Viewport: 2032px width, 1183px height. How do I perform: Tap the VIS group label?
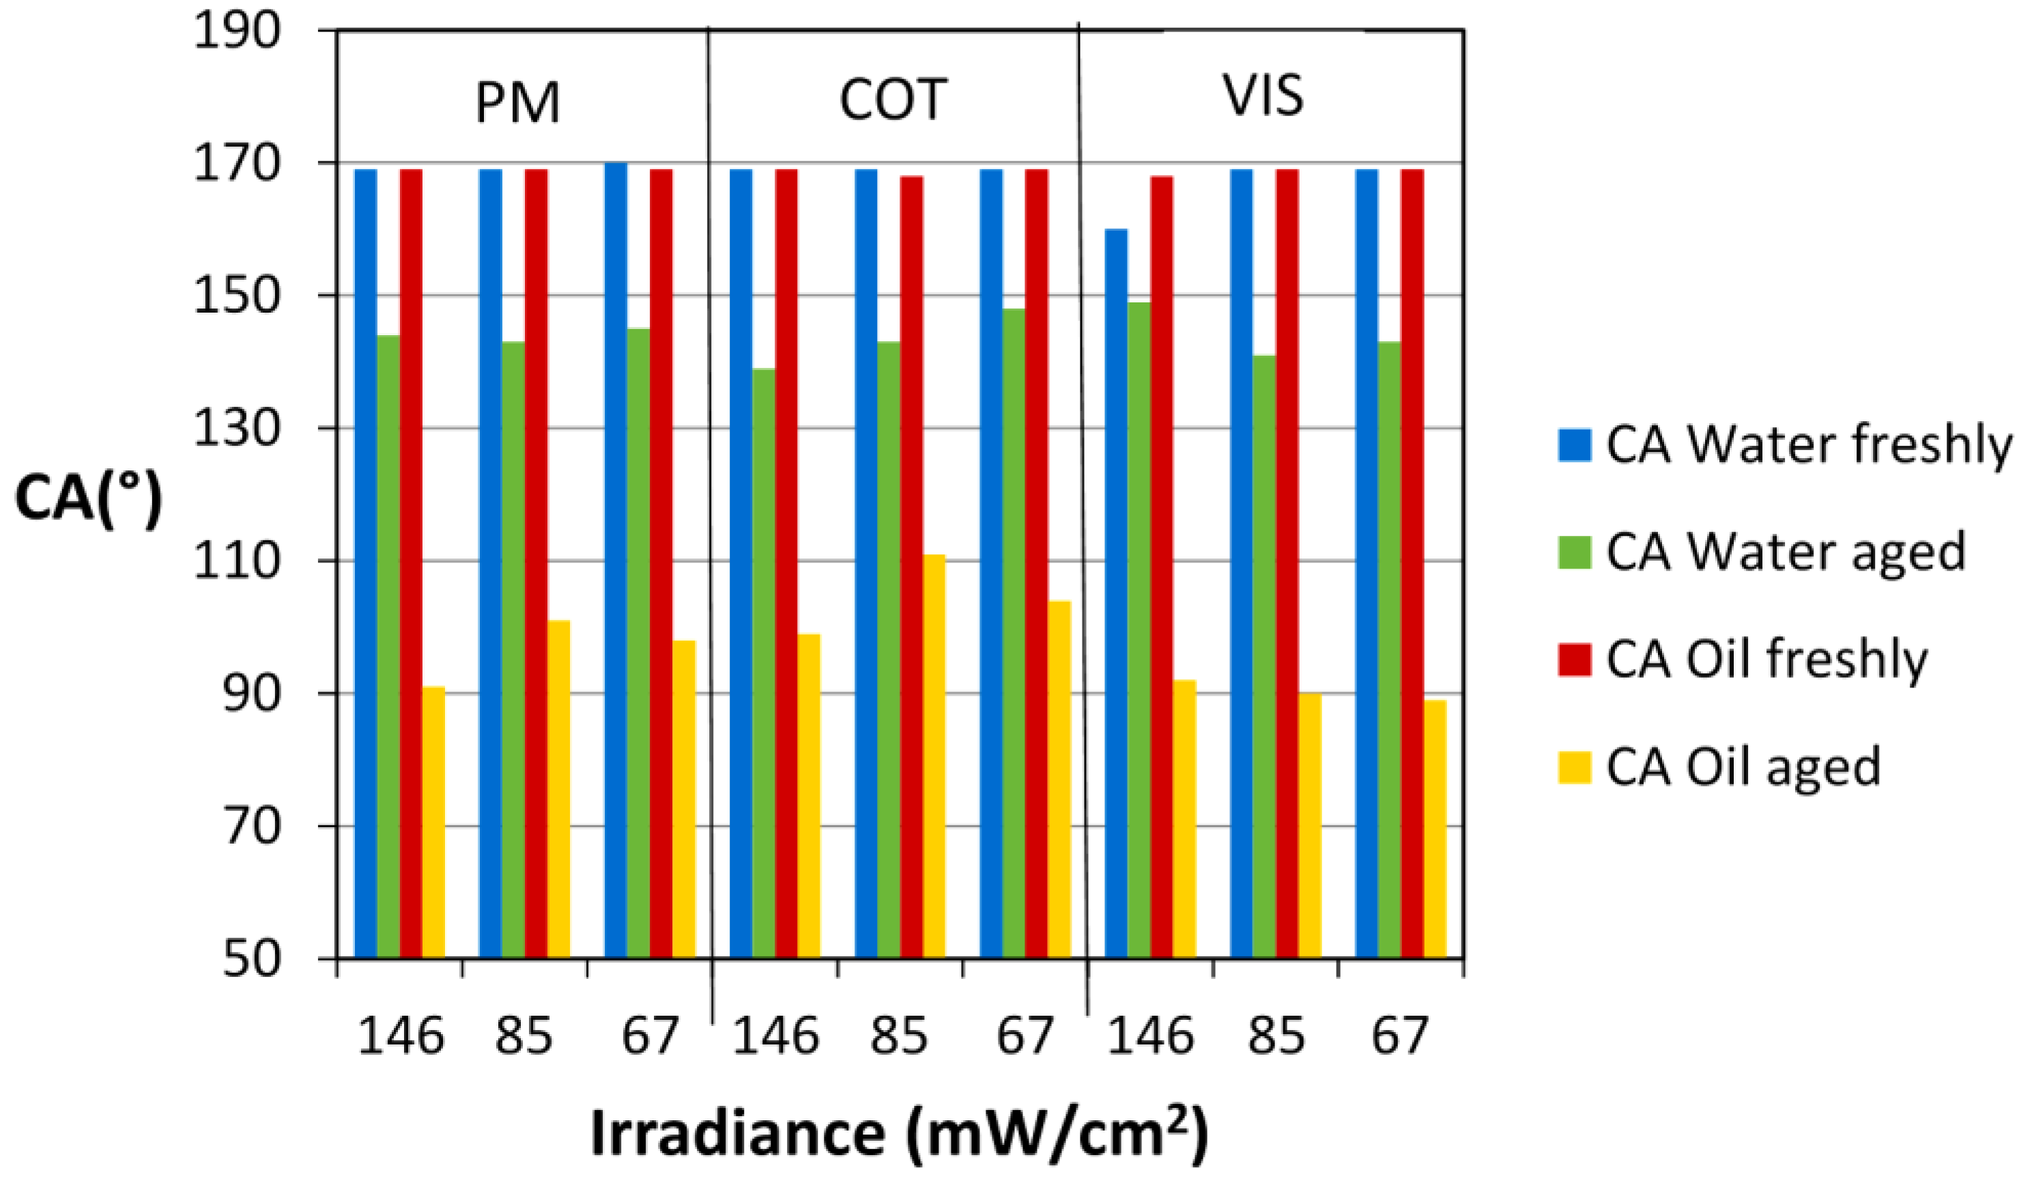pyautogui.click(x=1263, y=96)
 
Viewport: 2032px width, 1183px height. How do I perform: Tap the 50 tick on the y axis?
pyautogui.click(x=250, y=960)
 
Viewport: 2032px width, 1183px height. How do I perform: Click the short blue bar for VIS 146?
pyautogui.click(x=1116, y=593)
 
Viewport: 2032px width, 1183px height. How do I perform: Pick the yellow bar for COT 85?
pyautogui.click(x=934, y=756)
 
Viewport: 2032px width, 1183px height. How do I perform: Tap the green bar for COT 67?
pyautogui.click(x=1014, y=633)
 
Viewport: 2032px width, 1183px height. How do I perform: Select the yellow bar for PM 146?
pyautogui.click(x=433, y=823)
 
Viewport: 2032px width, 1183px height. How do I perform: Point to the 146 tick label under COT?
pyautogui.click(x=775, y=1036)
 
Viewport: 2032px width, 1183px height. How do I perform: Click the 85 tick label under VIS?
pyautogui.click(x=1276, y=1036)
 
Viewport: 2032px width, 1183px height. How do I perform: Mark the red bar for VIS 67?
pyautogui.click(x=1412, y=565)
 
